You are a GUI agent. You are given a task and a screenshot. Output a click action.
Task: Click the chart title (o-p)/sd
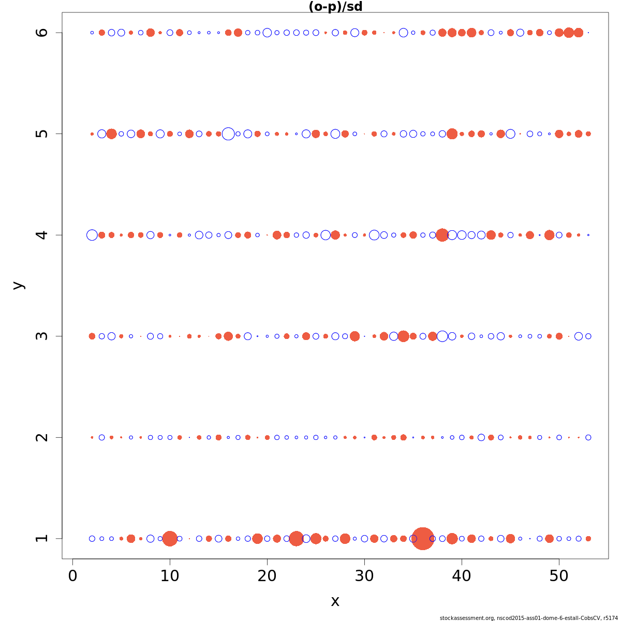click(335, 7)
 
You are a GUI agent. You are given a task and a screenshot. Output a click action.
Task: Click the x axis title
click(335, 601)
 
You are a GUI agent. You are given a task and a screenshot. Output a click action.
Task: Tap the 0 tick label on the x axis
click(73, 575)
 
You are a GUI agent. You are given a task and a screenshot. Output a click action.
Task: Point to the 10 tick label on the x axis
click(170, 575)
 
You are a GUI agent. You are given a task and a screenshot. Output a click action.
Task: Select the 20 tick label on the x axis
click(267, 575)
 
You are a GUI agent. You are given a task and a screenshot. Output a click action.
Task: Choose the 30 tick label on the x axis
click(364, 575)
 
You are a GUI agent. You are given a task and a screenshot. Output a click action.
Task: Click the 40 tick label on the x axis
click(462, 575)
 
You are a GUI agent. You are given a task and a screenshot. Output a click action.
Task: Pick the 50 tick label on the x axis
click(559, 575)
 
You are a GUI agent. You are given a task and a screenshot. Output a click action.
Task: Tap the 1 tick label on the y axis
click(42, 538)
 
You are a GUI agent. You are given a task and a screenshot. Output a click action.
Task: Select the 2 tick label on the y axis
click(42, 437)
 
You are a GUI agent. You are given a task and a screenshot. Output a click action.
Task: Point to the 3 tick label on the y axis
click(42, 336)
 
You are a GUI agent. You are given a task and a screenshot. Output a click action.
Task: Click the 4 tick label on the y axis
click(42, 235)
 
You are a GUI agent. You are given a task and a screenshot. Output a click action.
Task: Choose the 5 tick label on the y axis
click(42, 134)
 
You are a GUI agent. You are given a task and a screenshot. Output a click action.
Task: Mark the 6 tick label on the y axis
click(42, 33)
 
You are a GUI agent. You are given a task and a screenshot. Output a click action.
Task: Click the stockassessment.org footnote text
click(528, 618)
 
